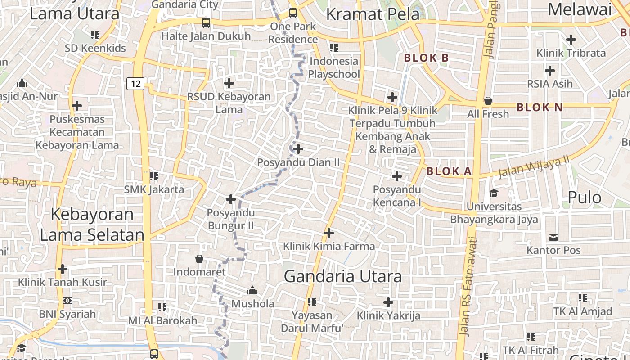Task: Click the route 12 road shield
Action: coord(135,83)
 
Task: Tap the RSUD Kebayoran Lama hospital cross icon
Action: coord(229,83)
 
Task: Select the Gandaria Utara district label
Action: coord(342,276)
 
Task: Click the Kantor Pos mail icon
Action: coord(553,237)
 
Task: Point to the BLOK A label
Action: coord(449,171)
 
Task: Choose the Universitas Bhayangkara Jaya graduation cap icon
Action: coord(494,193)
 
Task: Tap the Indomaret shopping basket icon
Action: coord(199,259)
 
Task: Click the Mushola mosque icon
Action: coord(252,290)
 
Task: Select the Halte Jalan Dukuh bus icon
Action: coord(206,22)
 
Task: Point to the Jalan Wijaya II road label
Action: coord(533,167)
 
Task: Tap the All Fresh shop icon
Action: coord(488,101)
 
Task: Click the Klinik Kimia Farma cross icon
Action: coord(329,233)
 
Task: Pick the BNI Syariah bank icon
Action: coord(67,301)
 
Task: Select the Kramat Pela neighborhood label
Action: coord(373,14)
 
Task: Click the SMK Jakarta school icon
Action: coord(154,176)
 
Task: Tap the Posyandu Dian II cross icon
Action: coord(298,149)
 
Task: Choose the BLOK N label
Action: coord(540,108)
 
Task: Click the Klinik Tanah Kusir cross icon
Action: coord(63,269)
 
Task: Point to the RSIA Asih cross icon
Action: coord(550,71)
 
